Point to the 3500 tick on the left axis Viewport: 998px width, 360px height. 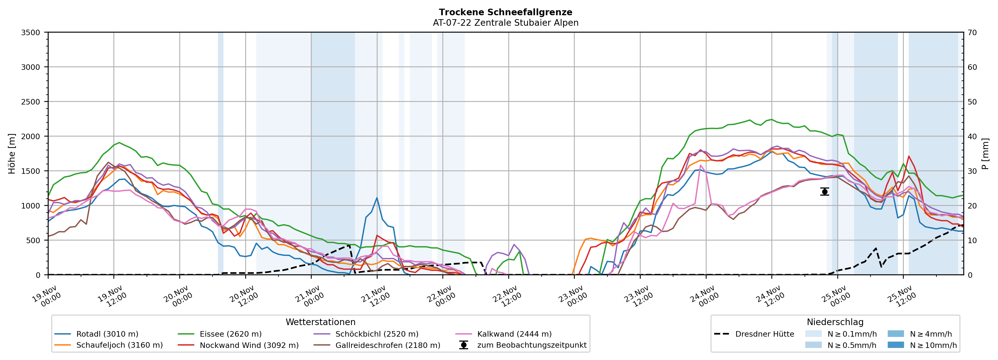(31, 33)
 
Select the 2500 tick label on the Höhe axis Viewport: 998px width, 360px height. (31, 102)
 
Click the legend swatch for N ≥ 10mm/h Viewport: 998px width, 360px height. (895, 345)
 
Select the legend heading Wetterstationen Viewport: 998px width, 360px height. (320, 322)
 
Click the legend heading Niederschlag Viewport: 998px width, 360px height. (835, 322)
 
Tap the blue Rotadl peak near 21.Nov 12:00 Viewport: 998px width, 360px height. (377, 198)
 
